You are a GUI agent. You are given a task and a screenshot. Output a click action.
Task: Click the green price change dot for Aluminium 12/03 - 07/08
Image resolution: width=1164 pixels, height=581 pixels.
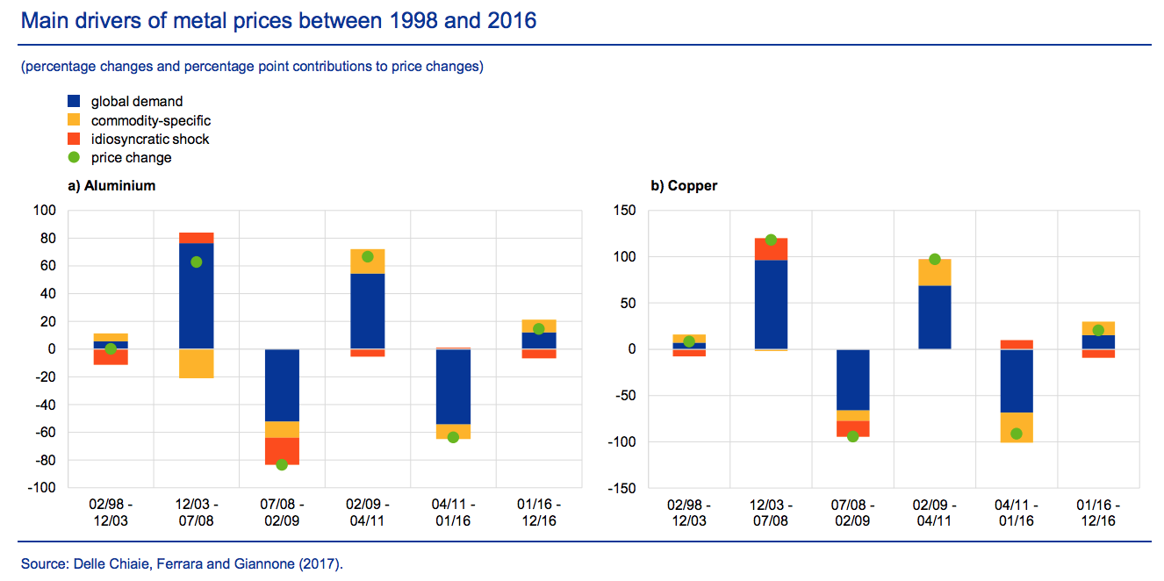(x=196, y=262)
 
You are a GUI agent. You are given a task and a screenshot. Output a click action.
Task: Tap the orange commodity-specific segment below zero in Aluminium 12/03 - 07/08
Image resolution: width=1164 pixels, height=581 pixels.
(x=196, y=363)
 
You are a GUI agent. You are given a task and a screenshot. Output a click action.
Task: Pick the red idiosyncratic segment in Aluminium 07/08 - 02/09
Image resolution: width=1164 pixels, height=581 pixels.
(x=282, y=450)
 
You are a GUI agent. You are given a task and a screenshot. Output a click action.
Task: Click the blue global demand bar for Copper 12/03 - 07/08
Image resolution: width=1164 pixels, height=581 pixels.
(x=771, y=304)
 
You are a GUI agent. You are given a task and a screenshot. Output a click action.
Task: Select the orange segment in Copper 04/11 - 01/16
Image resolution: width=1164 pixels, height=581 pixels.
(x=1016, y=427)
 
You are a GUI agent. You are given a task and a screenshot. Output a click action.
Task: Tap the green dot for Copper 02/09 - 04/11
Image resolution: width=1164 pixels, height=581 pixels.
(x=934, y=259)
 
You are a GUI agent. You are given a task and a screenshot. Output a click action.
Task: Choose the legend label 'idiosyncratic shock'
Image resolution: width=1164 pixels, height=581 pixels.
(x=150, y=139)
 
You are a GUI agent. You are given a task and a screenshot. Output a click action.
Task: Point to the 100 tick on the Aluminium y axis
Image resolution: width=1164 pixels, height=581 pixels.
(x=43, y=211)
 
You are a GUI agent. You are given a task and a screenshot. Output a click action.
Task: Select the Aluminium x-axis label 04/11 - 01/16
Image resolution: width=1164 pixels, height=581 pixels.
(x=453, y=513)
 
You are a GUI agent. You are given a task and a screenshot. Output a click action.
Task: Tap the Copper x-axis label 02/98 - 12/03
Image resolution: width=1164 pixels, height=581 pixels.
(x=689, y=513)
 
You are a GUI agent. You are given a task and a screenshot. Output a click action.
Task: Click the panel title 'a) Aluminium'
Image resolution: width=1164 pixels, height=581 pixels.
(x=112, y=186)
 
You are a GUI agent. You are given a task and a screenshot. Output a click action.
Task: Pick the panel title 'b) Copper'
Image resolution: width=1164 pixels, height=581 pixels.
(x=684, y=186)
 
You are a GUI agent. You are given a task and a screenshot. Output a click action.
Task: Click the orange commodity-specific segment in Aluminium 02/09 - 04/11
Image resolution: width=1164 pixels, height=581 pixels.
(x=367, y=262)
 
